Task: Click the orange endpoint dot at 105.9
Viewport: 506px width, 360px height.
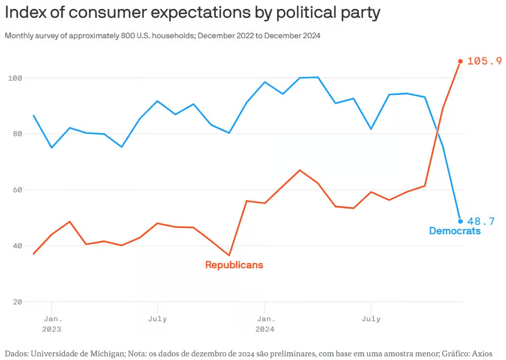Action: [x=460, y=61]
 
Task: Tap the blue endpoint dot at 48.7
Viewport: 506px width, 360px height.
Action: [x=460, y=221]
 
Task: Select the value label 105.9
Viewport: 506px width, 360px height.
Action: [x=484, y=61]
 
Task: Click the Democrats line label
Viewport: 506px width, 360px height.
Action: [x=455, y=231]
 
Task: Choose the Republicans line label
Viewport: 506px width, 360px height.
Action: [x=234, y=265]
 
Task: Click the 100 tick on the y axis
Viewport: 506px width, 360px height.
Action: [x=15, y=78]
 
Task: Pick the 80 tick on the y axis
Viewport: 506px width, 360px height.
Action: [x=17, y=134]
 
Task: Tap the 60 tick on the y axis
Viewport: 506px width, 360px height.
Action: [x=17, y=190]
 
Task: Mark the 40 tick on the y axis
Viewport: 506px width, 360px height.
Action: [x=17, y=246]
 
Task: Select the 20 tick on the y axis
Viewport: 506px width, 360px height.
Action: [x=17, y=302]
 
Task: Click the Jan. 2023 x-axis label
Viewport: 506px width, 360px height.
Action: [x=52, y=324]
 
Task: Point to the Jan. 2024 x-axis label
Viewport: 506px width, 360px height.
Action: [x=265, y=324]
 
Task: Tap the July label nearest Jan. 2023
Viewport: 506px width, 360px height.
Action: [x=158, y=319]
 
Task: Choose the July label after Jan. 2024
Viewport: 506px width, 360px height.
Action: [x=371, y=319]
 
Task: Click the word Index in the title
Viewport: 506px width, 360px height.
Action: [x=25, y=13]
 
